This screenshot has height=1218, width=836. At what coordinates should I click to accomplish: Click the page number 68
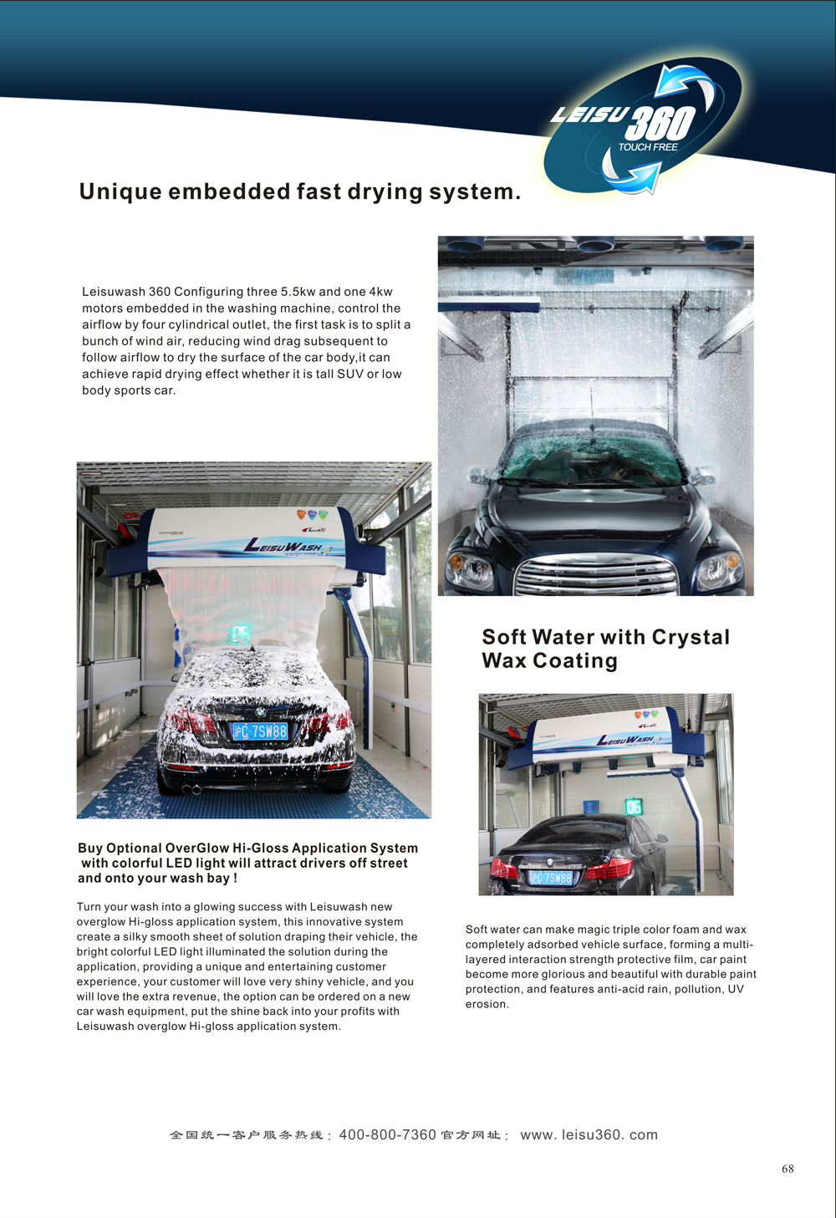pyautogui.click(x=788, y=1169)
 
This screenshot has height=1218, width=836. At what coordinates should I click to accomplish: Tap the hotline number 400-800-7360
pyautogui.click(x=387, y=1134)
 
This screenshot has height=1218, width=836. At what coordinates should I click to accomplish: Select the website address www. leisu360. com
pyautogui.click(x=589, y=1134)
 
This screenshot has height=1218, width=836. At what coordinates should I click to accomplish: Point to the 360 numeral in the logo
pyautogui.click(x=660, y=124)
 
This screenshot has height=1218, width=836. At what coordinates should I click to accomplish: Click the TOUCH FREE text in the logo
pyautogui.click(x=648, y=147)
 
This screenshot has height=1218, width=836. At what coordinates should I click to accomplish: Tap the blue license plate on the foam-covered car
pyautogui.click(x=260, y=732)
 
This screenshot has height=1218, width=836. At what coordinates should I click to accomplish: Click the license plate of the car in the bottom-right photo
pyautogui.click(x=551, y=878)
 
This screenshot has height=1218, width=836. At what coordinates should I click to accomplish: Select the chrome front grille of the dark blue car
pyautogui.click(x=595, y=574)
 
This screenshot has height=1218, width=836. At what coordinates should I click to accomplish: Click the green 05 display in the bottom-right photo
pyautogui.click(x=634, y=807)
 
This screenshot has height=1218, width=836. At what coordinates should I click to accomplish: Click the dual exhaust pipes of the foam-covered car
pyautogui.click(x=191, y=789)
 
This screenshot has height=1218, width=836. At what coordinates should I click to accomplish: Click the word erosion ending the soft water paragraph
pyautogui.click(x=486, y=1004)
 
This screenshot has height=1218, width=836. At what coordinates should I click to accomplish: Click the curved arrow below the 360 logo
pyautogui.click(x=632, y=174)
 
